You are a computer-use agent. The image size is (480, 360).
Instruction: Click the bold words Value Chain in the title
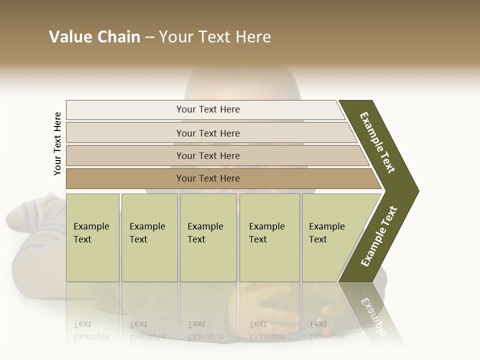click(x=94, y=37)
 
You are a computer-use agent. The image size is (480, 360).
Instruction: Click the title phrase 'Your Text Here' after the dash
click(x=215, y=37)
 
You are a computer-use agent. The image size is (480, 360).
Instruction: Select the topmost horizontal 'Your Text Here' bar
click(x=207, y=109)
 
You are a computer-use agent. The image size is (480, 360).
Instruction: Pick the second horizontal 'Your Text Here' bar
click(x=207, y=133)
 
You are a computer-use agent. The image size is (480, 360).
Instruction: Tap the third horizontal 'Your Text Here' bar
click(x=207, y=155)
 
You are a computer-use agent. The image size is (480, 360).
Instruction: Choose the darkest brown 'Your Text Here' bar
click(x=207, y=178)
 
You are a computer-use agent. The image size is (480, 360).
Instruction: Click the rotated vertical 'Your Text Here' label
click(x=57, y=143)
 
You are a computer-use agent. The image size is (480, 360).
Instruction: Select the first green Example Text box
click(x=92, y=237)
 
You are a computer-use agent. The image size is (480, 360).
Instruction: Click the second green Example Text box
click(x=149, y=237)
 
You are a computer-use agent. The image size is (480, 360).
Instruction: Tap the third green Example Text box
click(x=208, y=237)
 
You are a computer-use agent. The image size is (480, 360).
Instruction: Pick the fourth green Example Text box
click(x=269, y=237)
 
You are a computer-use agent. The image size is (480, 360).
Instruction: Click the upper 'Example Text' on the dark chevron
click(x=377, y=142)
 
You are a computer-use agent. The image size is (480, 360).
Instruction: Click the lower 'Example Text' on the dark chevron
click(x=379, y=236)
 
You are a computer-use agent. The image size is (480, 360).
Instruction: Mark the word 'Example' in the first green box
click(x=91, y=226)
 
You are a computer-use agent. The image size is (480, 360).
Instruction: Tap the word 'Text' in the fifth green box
click(x=317, y=239)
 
